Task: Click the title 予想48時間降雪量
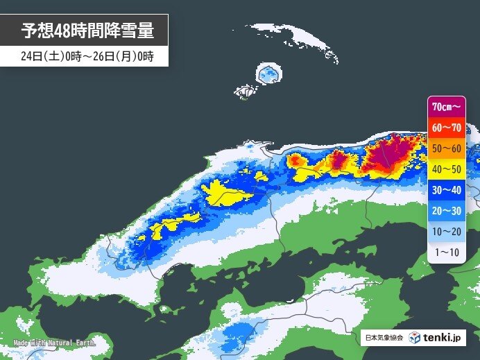[x=87, y=31]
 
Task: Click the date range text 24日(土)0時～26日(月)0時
[x=87, y=58]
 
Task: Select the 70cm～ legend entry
[x=447, y=106]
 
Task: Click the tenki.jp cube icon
[x=414, y=338]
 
